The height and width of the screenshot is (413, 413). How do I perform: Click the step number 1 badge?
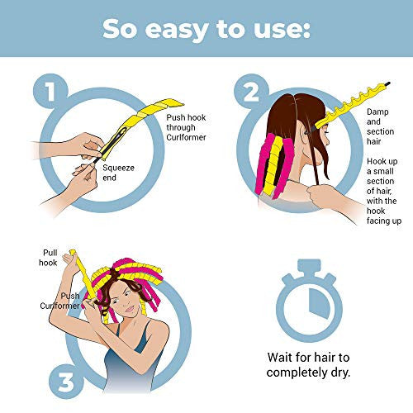click(x=50, y=91)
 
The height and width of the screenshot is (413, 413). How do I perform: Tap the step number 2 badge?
click(x=251, y=92)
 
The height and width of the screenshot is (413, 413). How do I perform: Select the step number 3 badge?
click(x=66, y=382)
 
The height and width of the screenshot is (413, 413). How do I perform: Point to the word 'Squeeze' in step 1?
click(x=118, y=168)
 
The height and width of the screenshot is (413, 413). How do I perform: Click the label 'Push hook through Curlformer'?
click(x=186, y=127)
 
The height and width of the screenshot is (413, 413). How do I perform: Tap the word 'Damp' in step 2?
click(x=377, y=112)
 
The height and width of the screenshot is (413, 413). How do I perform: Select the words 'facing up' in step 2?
click(x=384, y=221)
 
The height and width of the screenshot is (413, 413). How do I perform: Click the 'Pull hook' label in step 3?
click(x=48, y=258)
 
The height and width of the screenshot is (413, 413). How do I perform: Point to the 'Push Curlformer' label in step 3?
click(x=60, y=301)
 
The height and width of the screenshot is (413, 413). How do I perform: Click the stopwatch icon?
click(x=309, y=300)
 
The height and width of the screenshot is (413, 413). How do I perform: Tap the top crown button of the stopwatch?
click(x=309, y=265)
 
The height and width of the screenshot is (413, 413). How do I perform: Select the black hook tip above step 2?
click(x=387, y=83)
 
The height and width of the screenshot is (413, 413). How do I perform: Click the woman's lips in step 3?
click(x=130, y=309)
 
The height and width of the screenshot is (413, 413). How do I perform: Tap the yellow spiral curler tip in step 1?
click(x=178, y=103)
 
